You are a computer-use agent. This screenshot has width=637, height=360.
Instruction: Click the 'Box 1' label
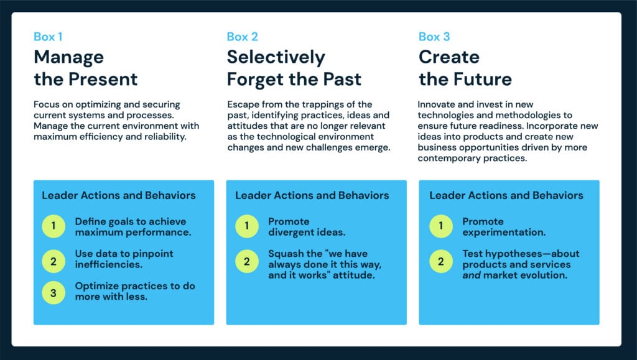48,37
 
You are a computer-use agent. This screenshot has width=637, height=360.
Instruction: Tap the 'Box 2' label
242,37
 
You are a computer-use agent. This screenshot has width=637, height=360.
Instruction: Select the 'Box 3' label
434,37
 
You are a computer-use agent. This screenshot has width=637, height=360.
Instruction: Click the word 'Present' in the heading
103,79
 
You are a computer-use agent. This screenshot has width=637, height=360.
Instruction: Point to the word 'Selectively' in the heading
276,57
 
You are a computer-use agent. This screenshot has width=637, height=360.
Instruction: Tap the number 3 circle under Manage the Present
53,293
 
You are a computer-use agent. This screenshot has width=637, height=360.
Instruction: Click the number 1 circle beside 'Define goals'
53,226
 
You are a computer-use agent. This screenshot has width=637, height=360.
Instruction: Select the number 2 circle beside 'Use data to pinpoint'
53,261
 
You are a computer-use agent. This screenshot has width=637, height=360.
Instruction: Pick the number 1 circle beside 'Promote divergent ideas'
246,226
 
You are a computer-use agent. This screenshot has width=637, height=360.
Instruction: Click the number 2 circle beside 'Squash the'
246,261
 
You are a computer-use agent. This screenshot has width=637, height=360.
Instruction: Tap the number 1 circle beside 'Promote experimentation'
441,226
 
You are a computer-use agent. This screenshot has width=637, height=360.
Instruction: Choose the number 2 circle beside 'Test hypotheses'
441,261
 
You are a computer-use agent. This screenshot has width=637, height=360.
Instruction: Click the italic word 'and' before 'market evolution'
472,275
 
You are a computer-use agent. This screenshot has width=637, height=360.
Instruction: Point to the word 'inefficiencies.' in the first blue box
108,264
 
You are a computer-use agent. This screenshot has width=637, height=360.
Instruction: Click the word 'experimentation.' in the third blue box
504,233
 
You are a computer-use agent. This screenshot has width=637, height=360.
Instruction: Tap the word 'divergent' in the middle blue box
287,233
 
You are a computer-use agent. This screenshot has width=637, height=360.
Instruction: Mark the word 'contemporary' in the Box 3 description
444,159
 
